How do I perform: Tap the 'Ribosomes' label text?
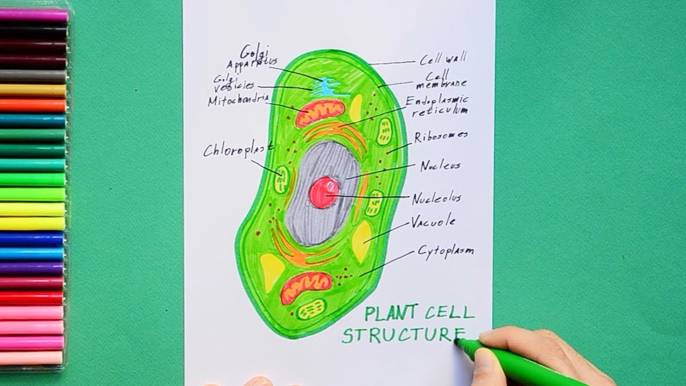[x=441, y=136]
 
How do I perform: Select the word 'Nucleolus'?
[x=436, y=199]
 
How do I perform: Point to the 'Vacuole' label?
[x=433, y=221]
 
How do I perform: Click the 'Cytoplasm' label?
[x=445, y=251]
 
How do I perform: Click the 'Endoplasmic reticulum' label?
[x=437, y=105]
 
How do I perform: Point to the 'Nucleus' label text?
[x=440, y=166]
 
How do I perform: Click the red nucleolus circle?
[x=324, y=193]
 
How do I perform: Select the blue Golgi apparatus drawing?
[x=325, y=87]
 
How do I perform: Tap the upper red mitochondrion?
[x=320, y=113]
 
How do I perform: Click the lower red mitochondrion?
[x=307, y=286]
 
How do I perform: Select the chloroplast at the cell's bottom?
[x=311, y=309]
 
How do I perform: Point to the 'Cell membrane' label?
[x=441, y=80]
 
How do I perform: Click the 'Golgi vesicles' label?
[x=234, y=84]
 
